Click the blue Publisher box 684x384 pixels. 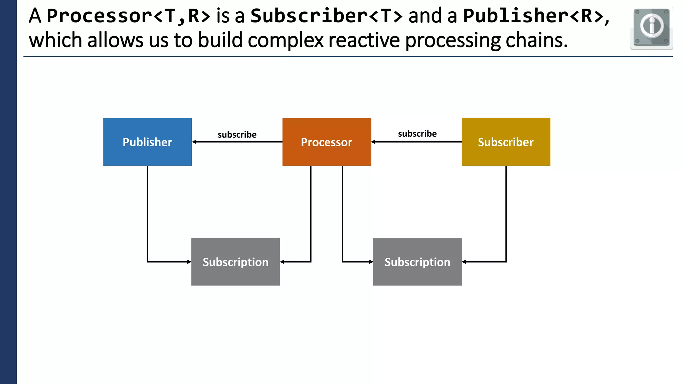click(x=147, y=142)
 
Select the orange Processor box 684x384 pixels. click(x=327, y=142)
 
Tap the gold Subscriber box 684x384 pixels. click(x=506, y=142)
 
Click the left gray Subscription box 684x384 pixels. click(x=235, y=262)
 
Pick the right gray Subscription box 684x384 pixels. click(x=417, y=262)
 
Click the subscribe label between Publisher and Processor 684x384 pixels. click(x=237, y=135)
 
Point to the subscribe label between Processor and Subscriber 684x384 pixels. click(x=417, y=134)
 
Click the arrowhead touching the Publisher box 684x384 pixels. click(x=194, y=142)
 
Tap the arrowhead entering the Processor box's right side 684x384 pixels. click(x=373, y=142)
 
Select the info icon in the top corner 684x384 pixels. click(x=651, y=28)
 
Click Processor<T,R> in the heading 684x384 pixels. click(x=129, y=16)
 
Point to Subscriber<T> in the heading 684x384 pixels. click(x=326, y=16)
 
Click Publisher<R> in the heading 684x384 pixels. click(x=533, y=16)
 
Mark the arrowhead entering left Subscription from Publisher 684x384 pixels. click(x=189, y=262)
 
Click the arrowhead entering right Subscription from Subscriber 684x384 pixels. click(x=464, y=262)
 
